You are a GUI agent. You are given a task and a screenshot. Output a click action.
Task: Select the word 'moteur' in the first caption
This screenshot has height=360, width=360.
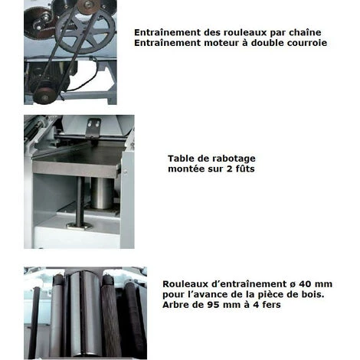click(x=214, y=43)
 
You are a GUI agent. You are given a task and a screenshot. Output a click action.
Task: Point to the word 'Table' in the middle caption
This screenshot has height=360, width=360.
click(x=182, y=159)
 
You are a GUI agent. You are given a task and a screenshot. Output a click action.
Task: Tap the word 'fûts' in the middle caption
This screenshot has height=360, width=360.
click(x=244, y=169)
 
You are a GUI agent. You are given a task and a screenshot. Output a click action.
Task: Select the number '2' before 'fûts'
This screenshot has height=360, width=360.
click(x=227, y=169)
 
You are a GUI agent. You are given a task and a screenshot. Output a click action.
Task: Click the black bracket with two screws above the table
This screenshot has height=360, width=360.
click(x=93, y=126)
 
